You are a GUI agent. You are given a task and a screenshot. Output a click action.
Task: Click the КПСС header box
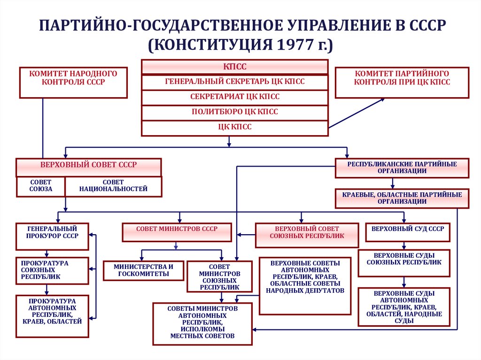point(235,67)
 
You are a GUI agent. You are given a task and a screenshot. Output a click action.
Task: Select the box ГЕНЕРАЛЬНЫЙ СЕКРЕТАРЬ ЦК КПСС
point(235,82)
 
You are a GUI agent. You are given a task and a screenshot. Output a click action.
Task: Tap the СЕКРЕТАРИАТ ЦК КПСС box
point(235,97)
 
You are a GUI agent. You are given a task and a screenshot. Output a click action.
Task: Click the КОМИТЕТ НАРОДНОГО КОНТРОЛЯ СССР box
point(73,83)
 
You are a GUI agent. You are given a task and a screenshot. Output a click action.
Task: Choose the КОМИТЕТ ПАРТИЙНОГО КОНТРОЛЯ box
point(402,83)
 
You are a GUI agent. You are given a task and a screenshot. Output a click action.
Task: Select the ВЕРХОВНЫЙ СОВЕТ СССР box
point(89,168)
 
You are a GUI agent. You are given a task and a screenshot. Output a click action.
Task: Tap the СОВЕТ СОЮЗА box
point(40,186)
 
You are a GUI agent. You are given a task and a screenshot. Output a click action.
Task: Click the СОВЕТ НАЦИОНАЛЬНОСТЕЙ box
point(113,186)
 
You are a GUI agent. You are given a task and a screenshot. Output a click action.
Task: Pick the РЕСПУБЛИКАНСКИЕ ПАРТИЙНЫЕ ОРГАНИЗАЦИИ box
point(402,168)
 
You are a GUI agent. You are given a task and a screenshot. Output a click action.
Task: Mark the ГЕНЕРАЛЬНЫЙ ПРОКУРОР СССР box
point(52,237)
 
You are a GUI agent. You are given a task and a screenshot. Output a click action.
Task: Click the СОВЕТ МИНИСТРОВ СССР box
point(177,232)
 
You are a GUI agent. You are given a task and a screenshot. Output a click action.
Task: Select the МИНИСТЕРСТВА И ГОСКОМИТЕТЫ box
point(144,271)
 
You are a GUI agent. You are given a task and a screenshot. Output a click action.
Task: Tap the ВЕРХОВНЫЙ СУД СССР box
point(408,232)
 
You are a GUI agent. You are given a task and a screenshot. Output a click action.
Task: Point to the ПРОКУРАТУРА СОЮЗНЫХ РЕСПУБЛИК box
point(52,271)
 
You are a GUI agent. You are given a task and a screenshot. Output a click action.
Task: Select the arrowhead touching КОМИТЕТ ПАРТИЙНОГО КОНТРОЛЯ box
point(382,100)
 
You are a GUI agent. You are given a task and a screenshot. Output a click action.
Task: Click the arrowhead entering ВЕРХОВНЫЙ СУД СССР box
point(403,220)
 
